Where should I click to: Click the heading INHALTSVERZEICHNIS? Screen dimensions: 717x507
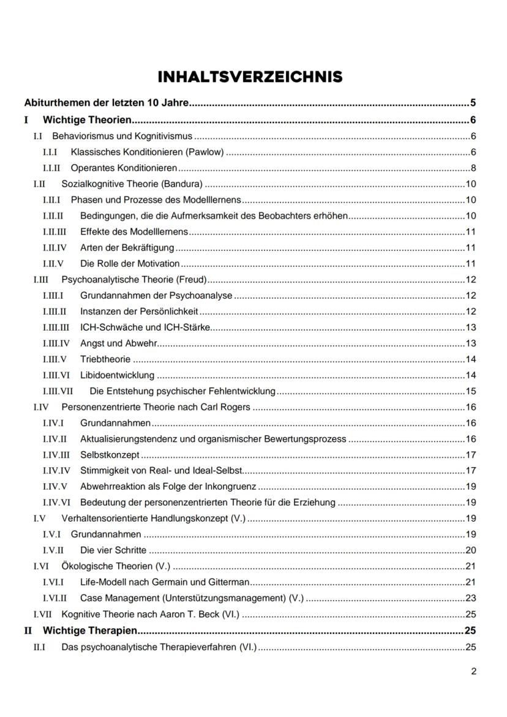250,77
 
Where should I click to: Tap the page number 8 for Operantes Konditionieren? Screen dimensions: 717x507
473,168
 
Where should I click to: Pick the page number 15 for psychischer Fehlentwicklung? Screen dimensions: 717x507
471,391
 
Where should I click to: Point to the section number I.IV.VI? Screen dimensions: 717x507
56,503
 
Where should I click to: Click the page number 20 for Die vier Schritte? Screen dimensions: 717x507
471,550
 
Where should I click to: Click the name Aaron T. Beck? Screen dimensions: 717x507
192,614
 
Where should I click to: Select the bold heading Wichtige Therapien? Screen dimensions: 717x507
89,630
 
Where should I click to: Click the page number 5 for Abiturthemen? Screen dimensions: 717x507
473,102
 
